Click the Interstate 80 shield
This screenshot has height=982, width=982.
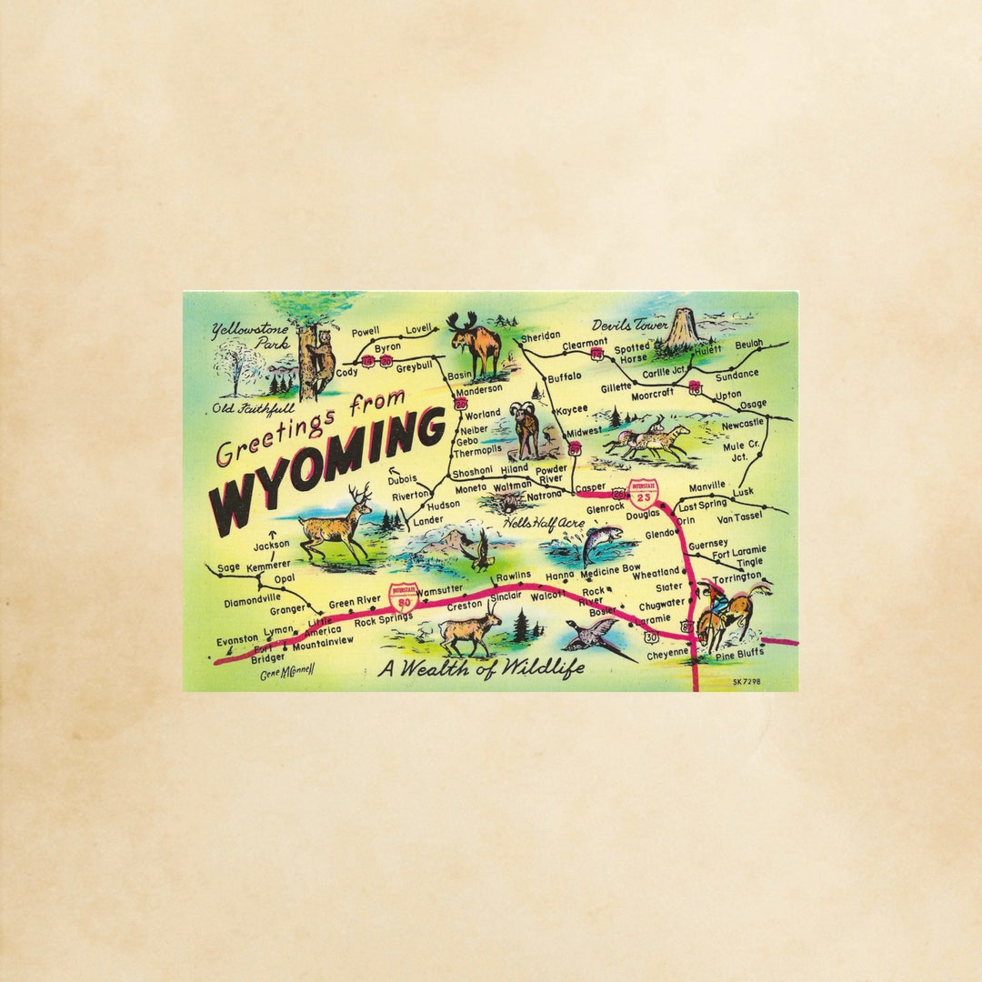tap(403, 596)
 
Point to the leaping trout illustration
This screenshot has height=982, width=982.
tap(599, 543)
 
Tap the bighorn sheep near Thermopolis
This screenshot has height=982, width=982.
tap(526, 428)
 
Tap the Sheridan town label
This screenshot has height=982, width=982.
tap(540, 336)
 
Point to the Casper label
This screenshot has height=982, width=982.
tap(590, 487)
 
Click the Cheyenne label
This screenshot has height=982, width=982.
tap(667, 653)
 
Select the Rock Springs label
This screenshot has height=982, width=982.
tap(383, 620)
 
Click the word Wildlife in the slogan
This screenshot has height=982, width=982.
tap(531, 668)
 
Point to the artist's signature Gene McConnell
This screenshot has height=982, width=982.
tap(286, 674)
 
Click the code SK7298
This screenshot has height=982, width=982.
tap(746, 681)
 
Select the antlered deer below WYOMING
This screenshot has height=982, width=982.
tap(335, 525)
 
